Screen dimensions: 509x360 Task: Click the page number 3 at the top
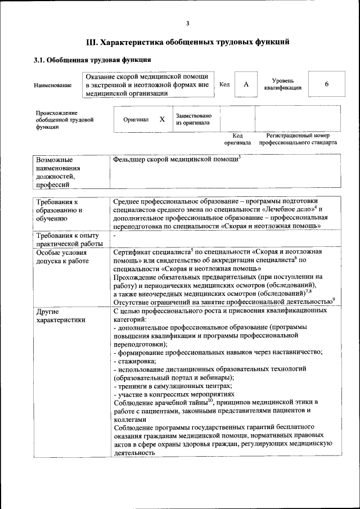(187, 23)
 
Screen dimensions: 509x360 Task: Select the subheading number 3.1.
(40, 60)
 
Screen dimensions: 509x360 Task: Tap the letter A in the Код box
(246, 84)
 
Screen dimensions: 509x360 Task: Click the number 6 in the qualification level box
(326, 84)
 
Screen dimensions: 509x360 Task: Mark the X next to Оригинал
(162, 120)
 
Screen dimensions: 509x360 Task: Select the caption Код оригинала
(237, 139)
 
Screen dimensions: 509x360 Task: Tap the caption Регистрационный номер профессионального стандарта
(298, 139)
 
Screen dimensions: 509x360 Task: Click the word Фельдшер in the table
(129, 160)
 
